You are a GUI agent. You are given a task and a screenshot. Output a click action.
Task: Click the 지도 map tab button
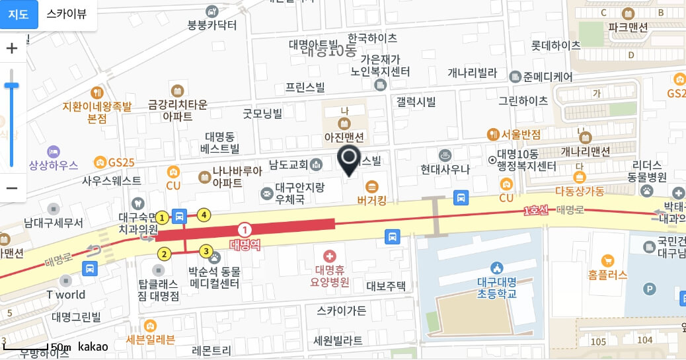click(x=19, y=14)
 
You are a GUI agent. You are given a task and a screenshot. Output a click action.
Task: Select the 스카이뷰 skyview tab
click(x=66, y=14)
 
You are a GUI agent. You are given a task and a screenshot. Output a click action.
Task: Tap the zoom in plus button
click(x=12, y=48)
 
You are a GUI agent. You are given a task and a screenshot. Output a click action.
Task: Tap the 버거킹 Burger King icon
click(x=371, y=186)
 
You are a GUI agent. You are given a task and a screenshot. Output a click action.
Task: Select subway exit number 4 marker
click(x=205, y=215)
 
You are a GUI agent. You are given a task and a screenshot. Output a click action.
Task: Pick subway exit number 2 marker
click(x=164, y=254)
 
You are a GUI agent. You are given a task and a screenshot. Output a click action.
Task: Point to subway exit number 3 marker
click(x=206, y=251)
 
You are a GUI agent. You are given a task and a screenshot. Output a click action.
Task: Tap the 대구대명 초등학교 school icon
click(x=497, y=268)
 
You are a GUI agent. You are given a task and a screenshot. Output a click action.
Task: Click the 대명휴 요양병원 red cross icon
click(x=329, y=256)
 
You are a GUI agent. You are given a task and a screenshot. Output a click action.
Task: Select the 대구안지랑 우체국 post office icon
click(x=266, y=193)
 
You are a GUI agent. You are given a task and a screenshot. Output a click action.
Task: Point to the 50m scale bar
click(x=26, y=346)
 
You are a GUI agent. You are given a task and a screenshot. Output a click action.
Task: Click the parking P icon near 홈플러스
click(x=650, y=289)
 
